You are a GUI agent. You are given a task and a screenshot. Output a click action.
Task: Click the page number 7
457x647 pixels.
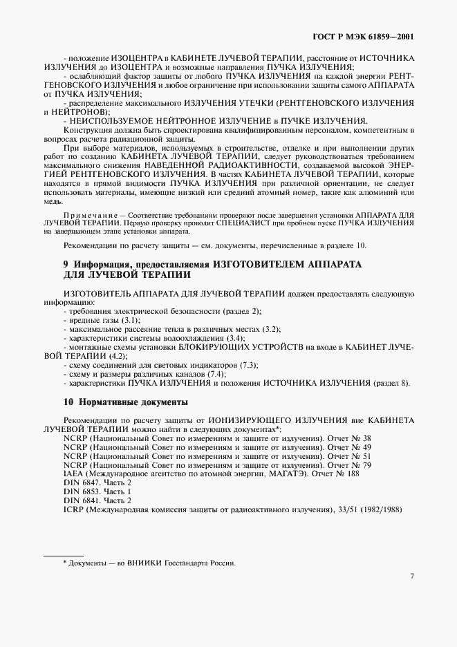[411, 575]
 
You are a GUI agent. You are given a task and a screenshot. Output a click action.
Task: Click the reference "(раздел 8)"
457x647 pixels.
[391, 383]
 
